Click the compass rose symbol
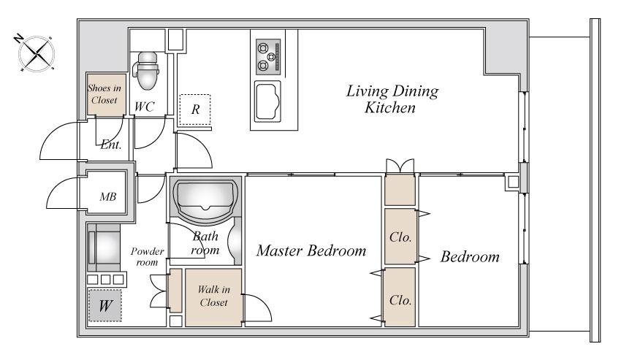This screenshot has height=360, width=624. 36,54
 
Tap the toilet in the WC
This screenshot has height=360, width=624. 146,70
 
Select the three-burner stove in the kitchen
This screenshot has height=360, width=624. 268,56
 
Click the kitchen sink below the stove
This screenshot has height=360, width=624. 268,101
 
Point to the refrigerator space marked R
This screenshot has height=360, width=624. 195,110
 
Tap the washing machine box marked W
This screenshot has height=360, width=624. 104,305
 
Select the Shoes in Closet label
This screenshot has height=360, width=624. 104,94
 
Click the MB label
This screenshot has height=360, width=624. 108,196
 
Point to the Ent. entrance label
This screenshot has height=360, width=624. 111,145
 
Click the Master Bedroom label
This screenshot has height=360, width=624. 311,250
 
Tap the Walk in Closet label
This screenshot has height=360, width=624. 213,296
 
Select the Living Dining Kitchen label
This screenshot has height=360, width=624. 392,99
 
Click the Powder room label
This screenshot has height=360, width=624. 148,256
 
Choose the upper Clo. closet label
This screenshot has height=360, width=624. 400,237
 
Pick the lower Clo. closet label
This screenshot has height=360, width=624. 400,300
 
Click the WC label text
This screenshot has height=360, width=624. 145,107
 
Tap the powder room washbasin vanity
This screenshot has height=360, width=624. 104,248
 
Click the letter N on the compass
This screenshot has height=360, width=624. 18,38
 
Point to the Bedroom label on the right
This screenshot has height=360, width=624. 470,256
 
